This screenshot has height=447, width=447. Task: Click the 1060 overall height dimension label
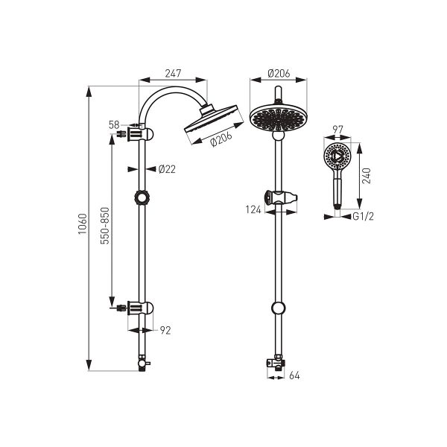83,223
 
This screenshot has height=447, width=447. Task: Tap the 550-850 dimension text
105,226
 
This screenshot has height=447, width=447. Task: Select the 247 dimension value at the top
173,73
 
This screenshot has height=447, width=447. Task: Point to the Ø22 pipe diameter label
167,169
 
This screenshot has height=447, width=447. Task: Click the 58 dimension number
114,125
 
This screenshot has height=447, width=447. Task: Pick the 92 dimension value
165,330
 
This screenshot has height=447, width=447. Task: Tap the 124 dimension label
253,210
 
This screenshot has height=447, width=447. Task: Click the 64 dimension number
294,375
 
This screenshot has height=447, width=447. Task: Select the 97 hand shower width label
337,130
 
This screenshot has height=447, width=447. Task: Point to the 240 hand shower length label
367,176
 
